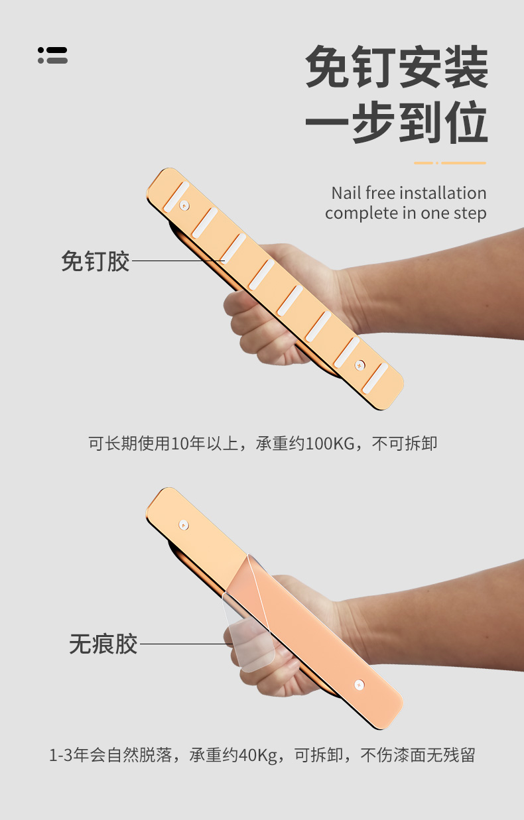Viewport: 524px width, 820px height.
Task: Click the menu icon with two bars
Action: [x=52, y=55]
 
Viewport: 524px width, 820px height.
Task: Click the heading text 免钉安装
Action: [x=397, y=67]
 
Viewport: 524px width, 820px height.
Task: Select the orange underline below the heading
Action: [x=450, y=163]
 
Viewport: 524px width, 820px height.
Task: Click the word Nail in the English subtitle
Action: [x=346, y=193]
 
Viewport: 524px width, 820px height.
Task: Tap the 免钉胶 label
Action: [x=96, y=261]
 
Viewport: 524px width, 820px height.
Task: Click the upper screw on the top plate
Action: [x=184, y=205]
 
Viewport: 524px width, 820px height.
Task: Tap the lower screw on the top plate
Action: [x=360, y=365]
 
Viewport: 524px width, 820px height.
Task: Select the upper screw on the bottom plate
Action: [x=184, y=524]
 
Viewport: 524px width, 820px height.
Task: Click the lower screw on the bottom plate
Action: [x=360, y=685]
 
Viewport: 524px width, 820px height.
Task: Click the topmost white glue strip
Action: [x=176, y=197]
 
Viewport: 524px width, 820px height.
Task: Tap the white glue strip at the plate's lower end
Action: [x=375, y=379]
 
